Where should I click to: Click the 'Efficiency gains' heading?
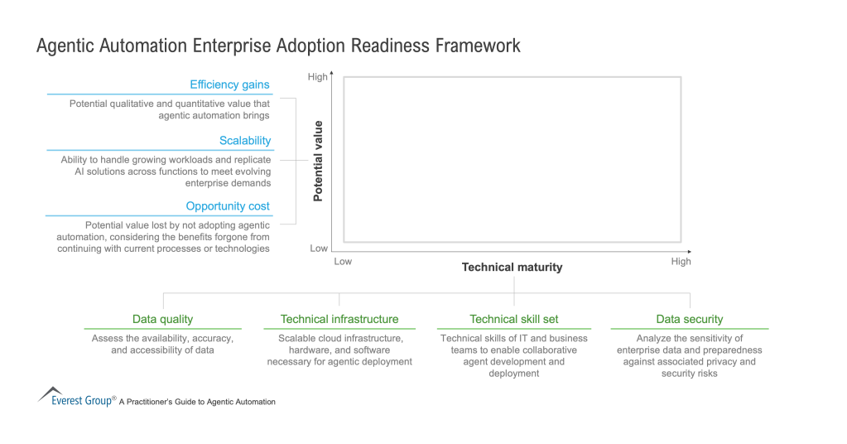click(x=229, y=84)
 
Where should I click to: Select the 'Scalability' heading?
click(x=244, y=141)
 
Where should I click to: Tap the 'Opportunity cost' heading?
click(x=228, y=206)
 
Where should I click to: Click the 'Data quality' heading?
click(x=162, y=319)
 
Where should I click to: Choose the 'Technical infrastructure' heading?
click(x=339, y=319)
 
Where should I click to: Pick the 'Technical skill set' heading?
click(x=513, y=319)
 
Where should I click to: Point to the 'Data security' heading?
click(x=689, y=319)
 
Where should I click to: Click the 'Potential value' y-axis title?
click(x=318, y=162)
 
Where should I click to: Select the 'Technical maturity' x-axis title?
click(x=512, y=267)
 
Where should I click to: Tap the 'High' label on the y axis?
click(x=318, y=77)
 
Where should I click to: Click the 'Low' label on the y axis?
click(x=319, y=248)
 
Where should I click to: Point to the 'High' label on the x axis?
click(x=681, y=262)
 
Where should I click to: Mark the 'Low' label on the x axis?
click(x=343, y=262)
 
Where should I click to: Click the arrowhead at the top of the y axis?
click(x=332, y=74)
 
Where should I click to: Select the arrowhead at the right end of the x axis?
click(x=690, y=251)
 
